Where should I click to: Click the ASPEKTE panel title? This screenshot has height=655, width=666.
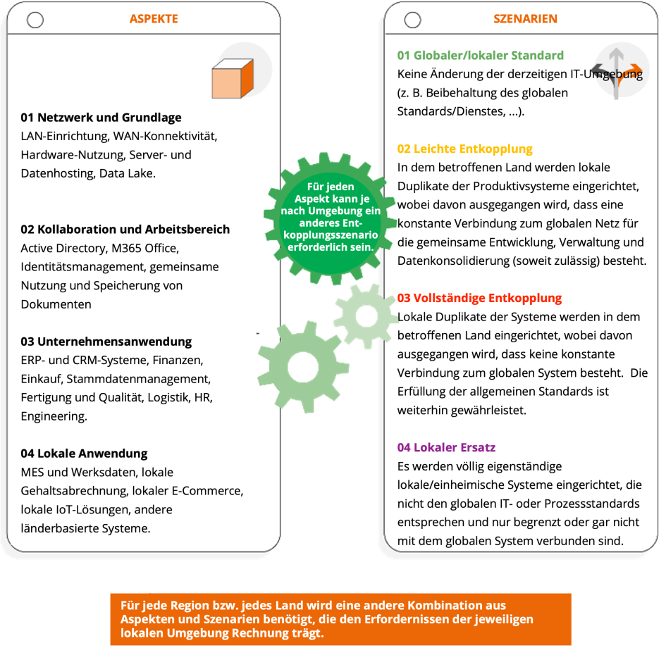click(x=154, y=19)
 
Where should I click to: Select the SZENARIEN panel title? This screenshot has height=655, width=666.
click(x=525, y=19)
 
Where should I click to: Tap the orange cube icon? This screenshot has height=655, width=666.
click(x=232, y=78)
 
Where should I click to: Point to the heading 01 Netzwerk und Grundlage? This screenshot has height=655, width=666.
click(x=101, y=118)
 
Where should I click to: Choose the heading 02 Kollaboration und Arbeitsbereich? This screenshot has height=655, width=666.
click(x=125, y=230)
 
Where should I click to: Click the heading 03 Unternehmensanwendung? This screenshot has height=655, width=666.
click(x=106, y=342)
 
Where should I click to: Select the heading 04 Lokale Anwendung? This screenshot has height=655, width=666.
click(x=84, y=454)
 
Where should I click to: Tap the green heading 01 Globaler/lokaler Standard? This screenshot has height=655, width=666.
click(x=480, y=55)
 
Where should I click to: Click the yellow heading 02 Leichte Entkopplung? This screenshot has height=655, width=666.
click(x=464, y=149)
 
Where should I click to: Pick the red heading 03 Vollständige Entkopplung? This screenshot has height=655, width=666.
click(x=479, y=298)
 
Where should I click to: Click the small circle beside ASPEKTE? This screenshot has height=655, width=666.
click(x=35, y=20)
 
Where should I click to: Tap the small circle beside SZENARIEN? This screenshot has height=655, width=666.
click(x=413, y=20)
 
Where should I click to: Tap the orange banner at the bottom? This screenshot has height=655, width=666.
click(x=340, y=619)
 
